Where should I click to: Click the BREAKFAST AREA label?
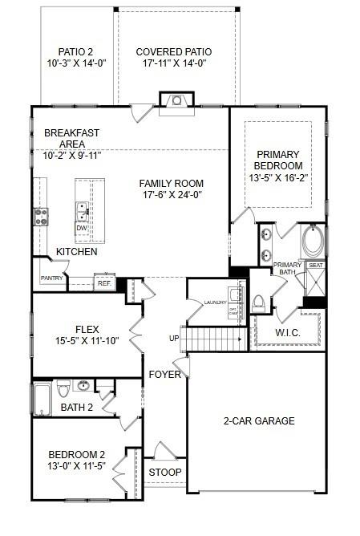click(x=71, y=138)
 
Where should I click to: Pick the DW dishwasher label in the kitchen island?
click(x=81, y=228)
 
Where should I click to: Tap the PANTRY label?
click(x=51, y=278)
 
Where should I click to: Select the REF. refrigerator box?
click(x=104, y=282)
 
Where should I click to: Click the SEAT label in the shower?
click(x=315, y=265)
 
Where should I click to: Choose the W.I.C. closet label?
click(x=287, y=331)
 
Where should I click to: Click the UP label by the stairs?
click(x=174, y=339)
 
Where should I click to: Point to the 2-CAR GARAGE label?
click(x=257, y=420)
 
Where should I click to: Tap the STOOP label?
click(x=166, y=472)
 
